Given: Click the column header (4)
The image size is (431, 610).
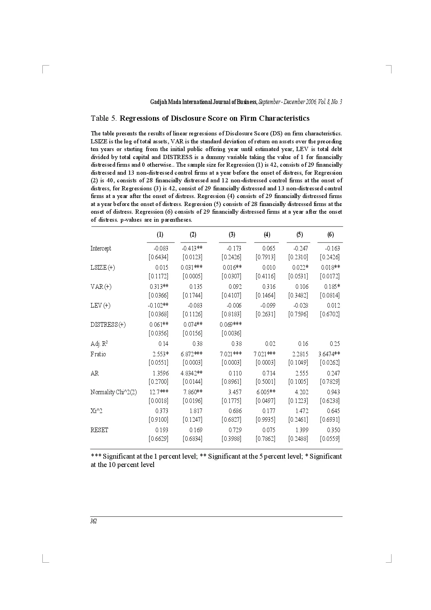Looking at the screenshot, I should click(267, 235).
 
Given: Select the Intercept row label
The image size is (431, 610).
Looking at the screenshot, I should click(101, 248).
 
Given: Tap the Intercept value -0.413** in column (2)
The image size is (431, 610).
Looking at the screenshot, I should click(192, 248).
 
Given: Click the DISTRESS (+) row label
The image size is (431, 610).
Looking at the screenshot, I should click(108, 325).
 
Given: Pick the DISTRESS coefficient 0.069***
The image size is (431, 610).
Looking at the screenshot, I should click(231, 325).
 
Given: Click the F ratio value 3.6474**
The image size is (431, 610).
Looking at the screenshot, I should click(329, 354).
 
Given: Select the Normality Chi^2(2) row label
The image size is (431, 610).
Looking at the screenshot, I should click(114, 392).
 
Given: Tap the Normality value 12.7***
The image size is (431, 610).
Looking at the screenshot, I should click(159, 392).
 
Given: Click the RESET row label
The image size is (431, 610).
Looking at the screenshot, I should click(99, 430).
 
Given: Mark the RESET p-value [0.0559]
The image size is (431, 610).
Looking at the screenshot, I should click(330, 439).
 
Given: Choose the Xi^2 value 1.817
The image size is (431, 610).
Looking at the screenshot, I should click(196, 411).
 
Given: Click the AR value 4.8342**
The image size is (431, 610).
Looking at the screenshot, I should click(192, 373).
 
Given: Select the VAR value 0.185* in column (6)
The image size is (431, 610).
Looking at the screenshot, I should click(332, 287).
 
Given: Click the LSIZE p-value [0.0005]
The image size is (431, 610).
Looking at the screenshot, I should click(193, 276).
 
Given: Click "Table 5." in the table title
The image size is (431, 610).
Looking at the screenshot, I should click(104, 118).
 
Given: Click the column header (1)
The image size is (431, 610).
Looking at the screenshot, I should click(160, 235).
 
